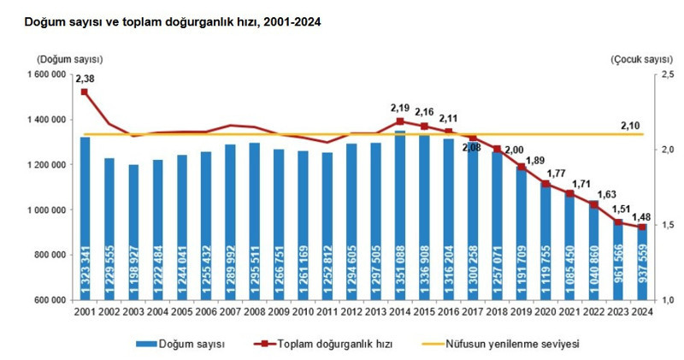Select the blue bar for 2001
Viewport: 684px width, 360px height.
pos(85,218)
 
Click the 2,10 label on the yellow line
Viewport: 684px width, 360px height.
pos(630,127)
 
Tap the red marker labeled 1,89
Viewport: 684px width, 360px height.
pos(521,167)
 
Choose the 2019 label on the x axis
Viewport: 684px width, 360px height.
pos(521,315)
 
